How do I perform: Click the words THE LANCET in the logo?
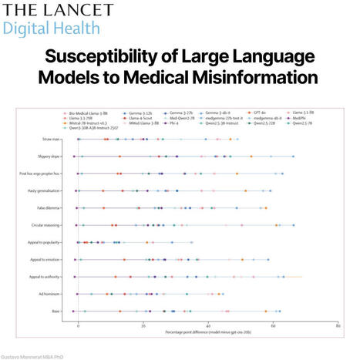(57, 12)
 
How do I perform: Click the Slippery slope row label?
(49, 156)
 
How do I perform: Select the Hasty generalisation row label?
(45, 190)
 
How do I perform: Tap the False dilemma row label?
(50, 207)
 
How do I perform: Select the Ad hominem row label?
(51, 294)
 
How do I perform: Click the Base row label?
(56, 311)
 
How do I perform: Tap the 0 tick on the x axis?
(78, 326)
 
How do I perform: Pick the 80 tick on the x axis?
(338, 326)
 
